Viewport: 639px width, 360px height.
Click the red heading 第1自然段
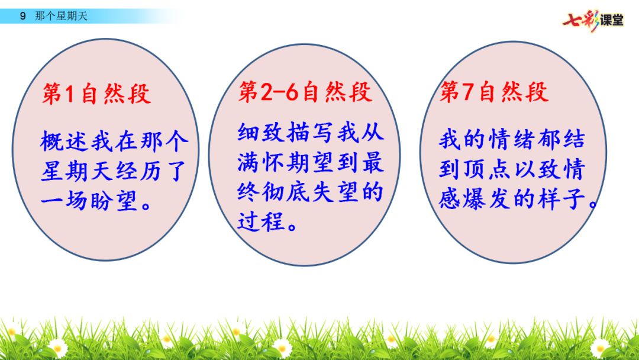click(x=96, y=94)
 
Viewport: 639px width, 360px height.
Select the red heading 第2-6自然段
click(x=305, y=91)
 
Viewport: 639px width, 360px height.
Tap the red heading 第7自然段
click(x=494, y=91)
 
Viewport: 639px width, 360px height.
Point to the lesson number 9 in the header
click(x=23, y=17)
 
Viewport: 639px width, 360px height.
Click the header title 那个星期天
click(x=61, y=17)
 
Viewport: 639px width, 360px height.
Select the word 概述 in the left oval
click(x=64, y=142)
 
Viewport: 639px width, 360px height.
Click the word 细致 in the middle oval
click(x=261, y=133)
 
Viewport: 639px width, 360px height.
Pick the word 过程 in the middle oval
click(x=261, y=222)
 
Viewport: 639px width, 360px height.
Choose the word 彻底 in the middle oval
click(x=286, y=192)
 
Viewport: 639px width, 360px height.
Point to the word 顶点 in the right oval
click(x=487, y=169)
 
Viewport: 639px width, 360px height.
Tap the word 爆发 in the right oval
click(x=487, y=199)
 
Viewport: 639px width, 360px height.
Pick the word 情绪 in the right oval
click(x=511, y=139)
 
